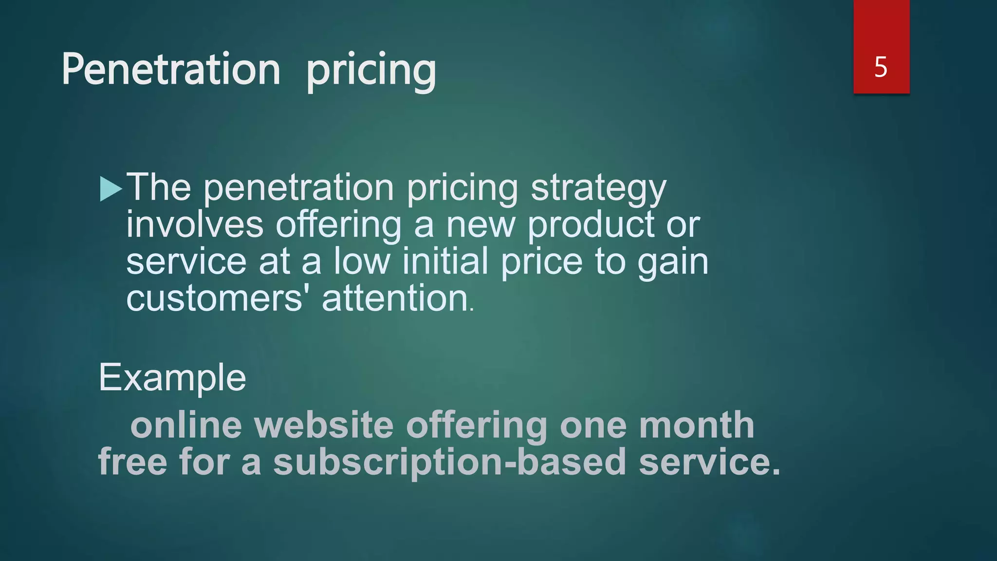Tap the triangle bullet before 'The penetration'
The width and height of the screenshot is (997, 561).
(x=111, y=189)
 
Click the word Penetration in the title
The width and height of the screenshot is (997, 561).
(x=171, y=70)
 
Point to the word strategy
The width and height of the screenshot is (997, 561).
(x=598, y=189)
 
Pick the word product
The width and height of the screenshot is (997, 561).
(x=591, y=226)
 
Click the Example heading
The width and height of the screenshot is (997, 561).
(x=172, y=378)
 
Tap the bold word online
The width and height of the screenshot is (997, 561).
(x=186, y=425)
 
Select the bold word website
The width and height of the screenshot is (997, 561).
(x=324, y=425)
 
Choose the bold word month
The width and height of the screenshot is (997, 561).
(x=697, y=425)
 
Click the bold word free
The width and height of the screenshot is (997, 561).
(x=132, y=462)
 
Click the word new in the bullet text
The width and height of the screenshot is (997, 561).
(x=480, y=226)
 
